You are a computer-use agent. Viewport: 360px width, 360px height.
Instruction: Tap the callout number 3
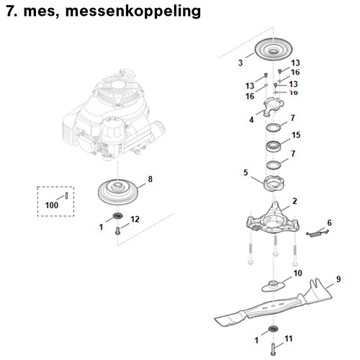tap(240, 64)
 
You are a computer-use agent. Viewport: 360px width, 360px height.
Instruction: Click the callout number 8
tap(150, 178)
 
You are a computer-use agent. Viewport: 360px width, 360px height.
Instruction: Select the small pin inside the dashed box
tap(66, 194)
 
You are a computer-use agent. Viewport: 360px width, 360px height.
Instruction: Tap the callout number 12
tap(135, 218)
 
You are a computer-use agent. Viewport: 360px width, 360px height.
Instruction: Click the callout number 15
tap(295, 135)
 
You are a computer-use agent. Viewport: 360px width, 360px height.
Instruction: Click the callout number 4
tap(251, 120)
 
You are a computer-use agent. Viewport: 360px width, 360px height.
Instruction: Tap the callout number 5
tap(246, 173)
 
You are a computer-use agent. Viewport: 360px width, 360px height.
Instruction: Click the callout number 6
tap(329, 222)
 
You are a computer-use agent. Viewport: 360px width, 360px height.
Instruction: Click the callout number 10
tap(298, 274)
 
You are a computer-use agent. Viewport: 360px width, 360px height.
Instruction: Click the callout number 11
tap(289, 337)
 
